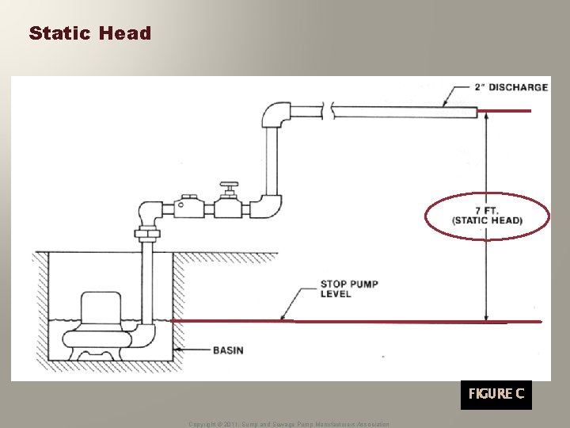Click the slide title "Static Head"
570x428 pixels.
click(89, 33)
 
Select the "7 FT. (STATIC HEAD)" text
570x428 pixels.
click(487, 216)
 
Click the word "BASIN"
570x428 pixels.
click(229, 350)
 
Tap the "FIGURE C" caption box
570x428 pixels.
click(496, 394)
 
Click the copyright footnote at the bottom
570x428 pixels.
click(289, 424)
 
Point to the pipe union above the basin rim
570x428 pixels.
click(147, 234)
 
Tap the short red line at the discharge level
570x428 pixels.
click(507, 111)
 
